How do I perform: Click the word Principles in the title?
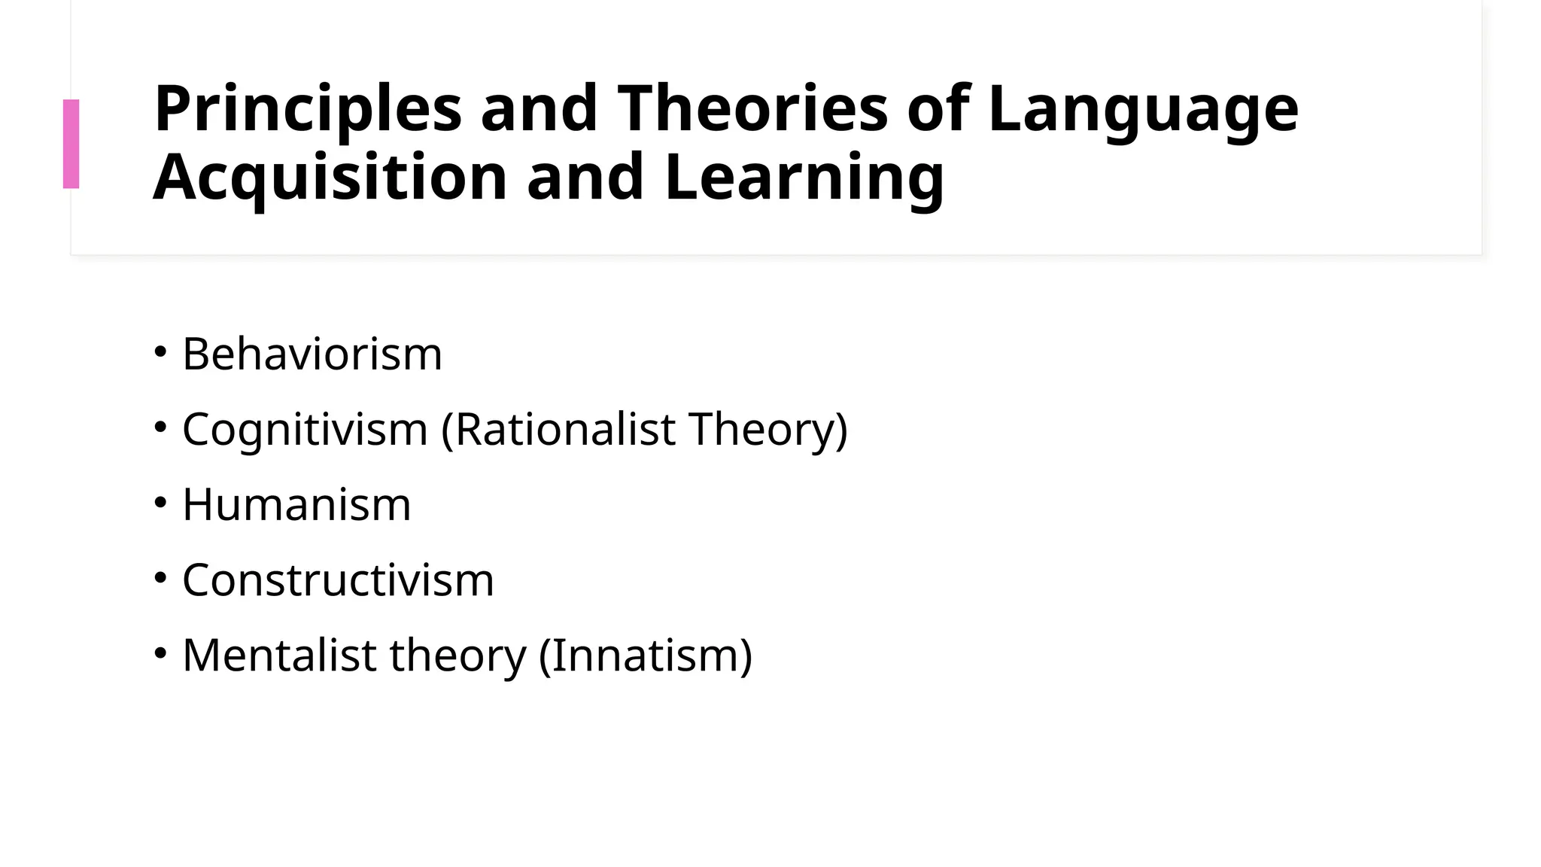[x=307, y=109]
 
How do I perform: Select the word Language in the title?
[x=1143, y=109]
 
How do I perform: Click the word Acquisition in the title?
[x=330, y=178]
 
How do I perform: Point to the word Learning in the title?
[x=804, y=178]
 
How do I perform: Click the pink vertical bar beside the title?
[x=71, y=144]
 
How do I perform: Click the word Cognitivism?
[x=305, y=430]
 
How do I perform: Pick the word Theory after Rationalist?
[x=767, y=430]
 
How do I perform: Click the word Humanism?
[x=296, y=504]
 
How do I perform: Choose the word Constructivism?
[x=338, y=580]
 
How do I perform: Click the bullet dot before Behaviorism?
[x=160, y=351]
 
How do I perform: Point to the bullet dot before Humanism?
[x=160, y=502]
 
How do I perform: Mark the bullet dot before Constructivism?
[x=160, y=578]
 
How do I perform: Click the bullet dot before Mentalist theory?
[x=160, y=653]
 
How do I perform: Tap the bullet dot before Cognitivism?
[x=160, y=427]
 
